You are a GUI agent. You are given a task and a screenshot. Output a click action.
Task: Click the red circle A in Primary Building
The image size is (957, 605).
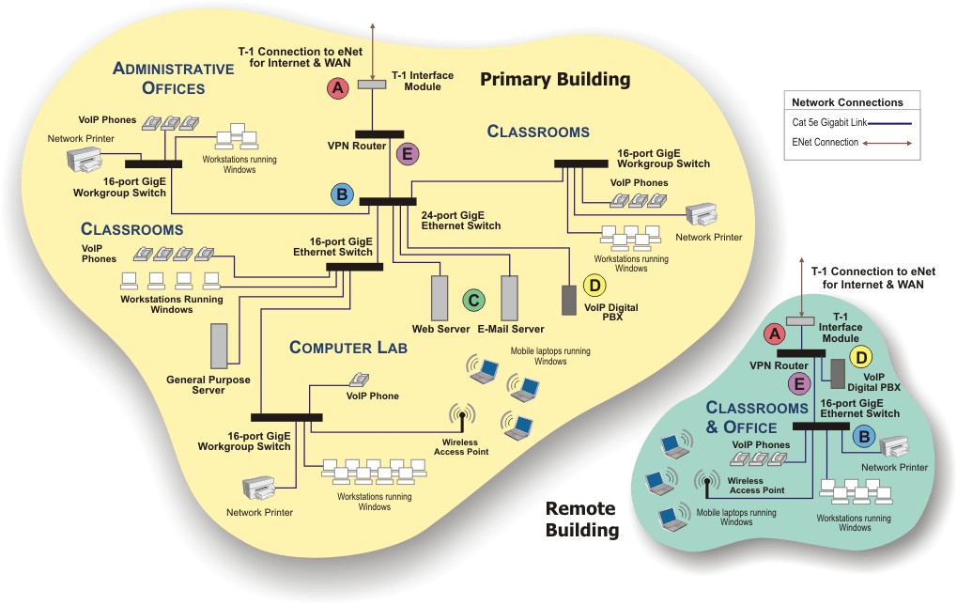pos(337,89)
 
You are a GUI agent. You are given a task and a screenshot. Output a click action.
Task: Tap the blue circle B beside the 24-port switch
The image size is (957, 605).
pos(342,195)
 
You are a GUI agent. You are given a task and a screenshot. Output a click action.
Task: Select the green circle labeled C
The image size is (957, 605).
pos(474,301)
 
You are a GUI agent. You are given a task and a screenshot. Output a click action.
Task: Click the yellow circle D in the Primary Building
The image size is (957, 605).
pos(594,286)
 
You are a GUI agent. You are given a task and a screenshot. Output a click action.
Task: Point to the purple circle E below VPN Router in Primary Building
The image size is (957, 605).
pos(406,156)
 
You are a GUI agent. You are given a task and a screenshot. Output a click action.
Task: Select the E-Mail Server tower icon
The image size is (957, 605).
pos(510,298)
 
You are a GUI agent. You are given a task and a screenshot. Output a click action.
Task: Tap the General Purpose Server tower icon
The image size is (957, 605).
pos(219,346)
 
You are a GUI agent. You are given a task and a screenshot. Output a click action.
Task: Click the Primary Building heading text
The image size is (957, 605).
pos(555,79)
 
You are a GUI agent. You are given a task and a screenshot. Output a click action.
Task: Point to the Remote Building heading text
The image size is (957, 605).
pos(581,520)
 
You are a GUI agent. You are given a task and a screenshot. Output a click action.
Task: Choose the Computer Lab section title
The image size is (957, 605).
pos(347,349)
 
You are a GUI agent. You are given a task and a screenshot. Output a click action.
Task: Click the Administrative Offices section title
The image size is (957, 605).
pos(173,78)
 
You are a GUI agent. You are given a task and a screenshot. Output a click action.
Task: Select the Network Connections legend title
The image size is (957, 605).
pos(847,102)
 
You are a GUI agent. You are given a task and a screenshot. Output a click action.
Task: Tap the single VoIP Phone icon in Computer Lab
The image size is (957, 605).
pos(358,380)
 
